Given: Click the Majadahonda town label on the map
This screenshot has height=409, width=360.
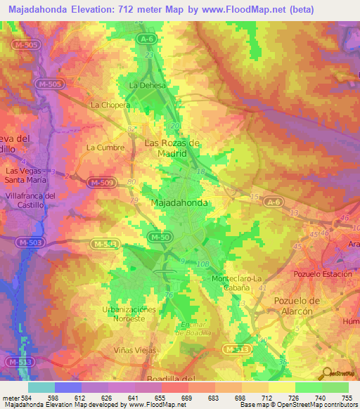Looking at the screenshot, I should point(179,202).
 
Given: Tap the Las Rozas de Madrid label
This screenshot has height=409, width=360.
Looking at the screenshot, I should point(172,148).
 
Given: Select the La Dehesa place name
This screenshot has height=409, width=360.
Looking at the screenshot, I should point(146,86).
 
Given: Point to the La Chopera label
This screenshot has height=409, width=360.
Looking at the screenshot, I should point(110,105).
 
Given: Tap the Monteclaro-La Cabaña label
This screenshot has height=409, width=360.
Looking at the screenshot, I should point(240,283).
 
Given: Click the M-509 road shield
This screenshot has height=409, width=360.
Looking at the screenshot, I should point(101,183).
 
